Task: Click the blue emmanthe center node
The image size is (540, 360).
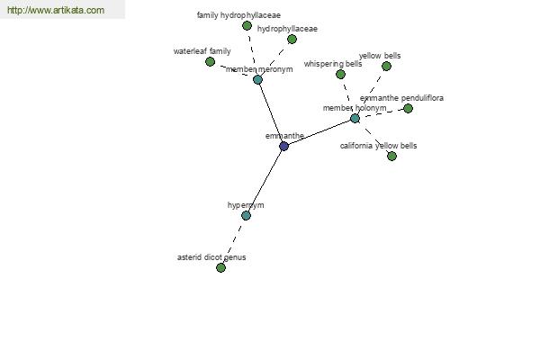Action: click(283, 146)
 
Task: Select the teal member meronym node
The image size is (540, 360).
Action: click(257, 79)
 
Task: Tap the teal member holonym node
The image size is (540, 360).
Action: click(355, 119)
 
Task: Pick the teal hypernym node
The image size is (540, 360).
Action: click(246, 216)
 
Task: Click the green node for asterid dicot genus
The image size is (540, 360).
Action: click(220, 267)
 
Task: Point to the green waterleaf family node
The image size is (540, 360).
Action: click(210, 62)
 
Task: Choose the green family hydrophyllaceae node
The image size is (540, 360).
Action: click(247, 25)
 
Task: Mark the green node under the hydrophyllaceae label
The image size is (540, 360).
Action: click(292, 40)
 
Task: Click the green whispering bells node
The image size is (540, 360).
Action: click(340, 74)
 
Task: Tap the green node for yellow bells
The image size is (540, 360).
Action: click(386, 66)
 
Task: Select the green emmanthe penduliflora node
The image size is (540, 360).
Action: click(408, 109)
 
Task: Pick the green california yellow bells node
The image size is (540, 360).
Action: click(391, 156)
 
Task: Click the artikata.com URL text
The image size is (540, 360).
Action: click(56, 10)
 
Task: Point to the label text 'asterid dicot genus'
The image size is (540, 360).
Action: click(211, 257)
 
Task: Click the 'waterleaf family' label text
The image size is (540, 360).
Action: click(202, 51)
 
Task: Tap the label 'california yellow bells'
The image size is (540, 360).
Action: click(378, 146)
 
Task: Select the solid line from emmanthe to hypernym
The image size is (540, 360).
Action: click(265, 181)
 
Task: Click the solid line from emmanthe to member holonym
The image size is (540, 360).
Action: click(319, 132)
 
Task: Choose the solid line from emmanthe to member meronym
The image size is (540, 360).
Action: click(271, 113)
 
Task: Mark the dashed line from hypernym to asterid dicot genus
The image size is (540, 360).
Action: click(233, 241)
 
